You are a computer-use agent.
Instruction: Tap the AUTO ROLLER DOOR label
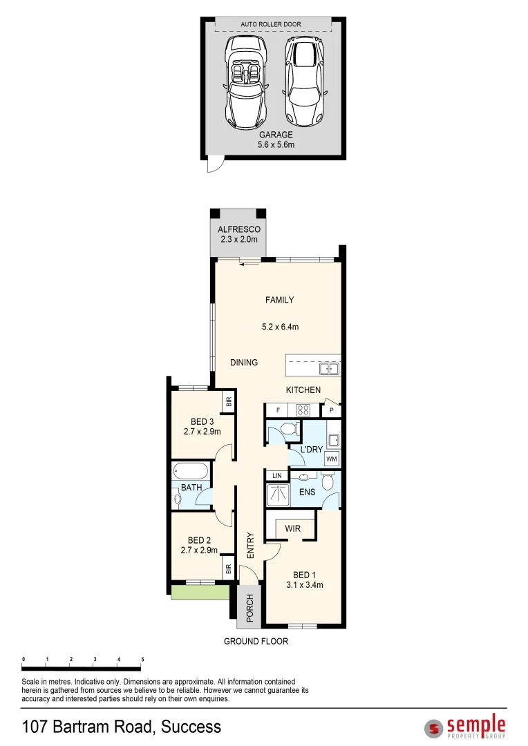coord(271,25)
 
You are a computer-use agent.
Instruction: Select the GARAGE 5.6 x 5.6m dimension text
coord(276,140)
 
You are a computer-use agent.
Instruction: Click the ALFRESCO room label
coord(238,229)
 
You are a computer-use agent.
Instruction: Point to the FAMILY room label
coord(280,300)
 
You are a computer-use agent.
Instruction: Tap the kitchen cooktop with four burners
coord(303,410)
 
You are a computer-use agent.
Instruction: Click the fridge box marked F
coord(277,410)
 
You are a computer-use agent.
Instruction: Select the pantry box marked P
coord(332,410)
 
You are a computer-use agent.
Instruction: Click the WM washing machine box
coord(332,458)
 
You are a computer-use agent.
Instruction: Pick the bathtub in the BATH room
coord(191,472)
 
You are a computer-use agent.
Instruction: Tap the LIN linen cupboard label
coord(277,476)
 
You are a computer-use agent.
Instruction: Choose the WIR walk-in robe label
coord(293,529)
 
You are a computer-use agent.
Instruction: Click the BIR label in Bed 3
coord(227,401)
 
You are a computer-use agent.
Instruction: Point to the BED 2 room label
coord(199,541)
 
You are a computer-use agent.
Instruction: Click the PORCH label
coord(249,607)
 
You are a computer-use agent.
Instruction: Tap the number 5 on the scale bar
coord(142,660)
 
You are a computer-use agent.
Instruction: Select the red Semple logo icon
coord(434,727)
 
